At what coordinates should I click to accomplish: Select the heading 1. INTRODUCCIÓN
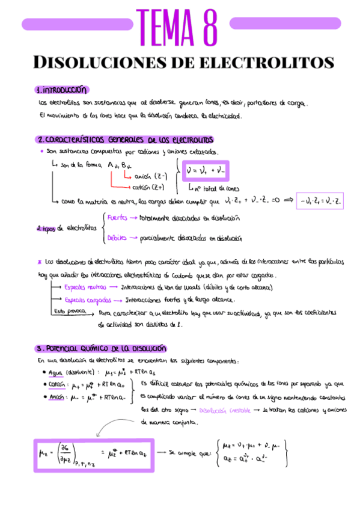tap(61, 90)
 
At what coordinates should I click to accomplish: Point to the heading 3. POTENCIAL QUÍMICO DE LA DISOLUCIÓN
tap(100, 349)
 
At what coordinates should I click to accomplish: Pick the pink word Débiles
tap(117, 238)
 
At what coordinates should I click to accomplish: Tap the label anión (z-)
tap(150, 176)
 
